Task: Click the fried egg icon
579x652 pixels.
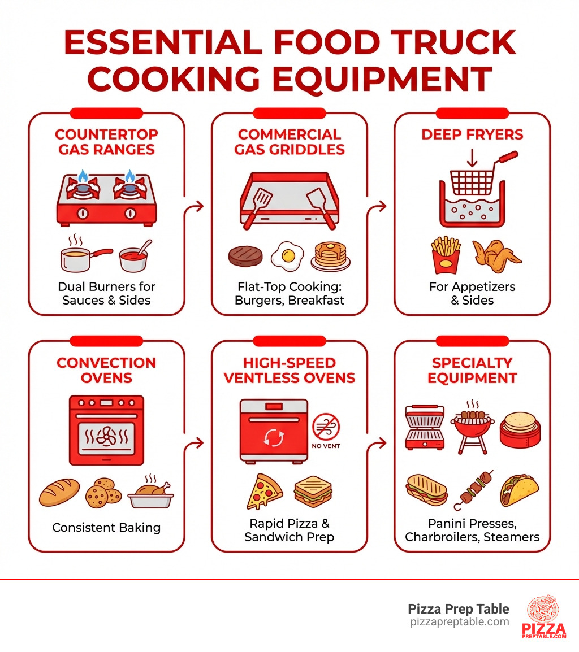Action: coord(287,256)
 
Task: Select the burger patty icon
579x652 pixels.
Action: coord(245,257)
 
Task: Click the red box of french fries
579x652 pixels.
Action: coord(446,255)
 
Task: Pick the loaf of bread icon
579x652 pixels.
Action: coord(59,492)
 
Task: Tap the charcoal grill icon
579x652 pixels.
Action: coord(472,427)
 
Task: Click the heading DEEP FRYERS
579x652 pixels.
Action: coord(472,134)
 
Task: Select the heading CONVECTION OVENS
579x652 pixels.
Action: coord(106,370)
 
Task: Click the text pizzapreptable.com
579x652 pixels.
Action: coord(459,622)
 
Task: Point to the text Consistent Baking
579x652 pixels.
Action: coord(106,528)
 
